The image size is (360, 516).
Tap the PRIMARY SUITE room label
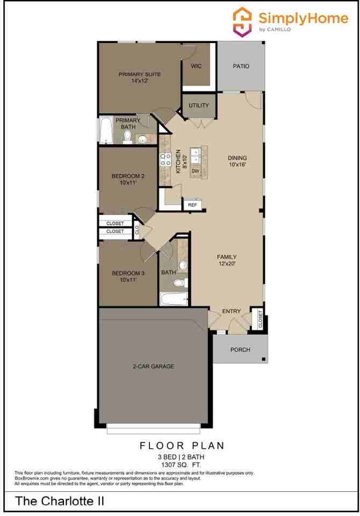coord(140,77)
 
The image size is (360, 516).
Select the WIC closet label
coord(196,66)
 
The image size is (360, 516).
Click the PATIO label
coord(241,66)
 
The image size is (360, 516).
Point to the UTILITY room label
coord(199,105)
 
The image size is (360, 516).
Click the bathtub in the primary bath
coord(106,131)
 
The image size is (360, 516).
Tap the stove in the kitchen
coord(165,159)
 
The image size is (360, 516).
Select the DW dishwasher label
coord(196,171)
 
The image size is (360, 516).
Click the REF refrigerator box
coord(192,205)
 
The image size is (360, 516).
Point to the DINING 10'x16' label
coord(237,161)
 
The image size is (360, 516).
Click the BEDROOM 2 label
coord(128,179)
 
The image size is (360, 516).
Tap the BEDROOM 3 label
coord(128,276)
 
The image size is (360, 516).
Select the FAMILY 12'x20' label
coord(226,260)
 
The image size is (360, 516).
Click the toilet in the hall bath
coord(182,282)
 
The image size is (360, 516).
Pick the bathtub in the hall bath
coord(173,298)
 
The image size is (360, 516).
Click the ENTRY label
coord(231,312)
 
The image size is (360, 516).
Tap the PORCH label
coord(240,350)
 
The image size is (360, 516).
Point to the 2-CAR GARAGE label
coord(153,367)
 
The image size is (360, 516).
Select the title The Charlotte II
coord(59,501)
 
